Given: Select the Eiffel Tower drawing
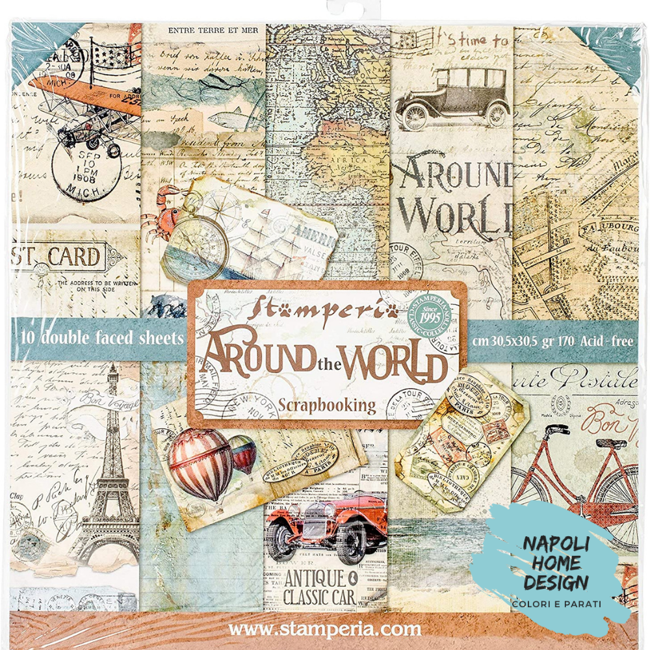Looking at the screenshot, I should [x=110, y=468].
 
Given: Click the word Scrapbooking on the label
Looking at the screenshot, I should [x=327, y=406].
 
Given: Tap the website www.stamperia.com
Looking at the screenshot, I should [x=325, y=629].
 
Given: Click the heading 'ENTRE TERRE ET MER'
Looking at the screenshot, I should [x=203, y=30].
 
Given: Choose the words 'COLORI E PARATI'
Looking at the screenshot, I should [x=556, y=604].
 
